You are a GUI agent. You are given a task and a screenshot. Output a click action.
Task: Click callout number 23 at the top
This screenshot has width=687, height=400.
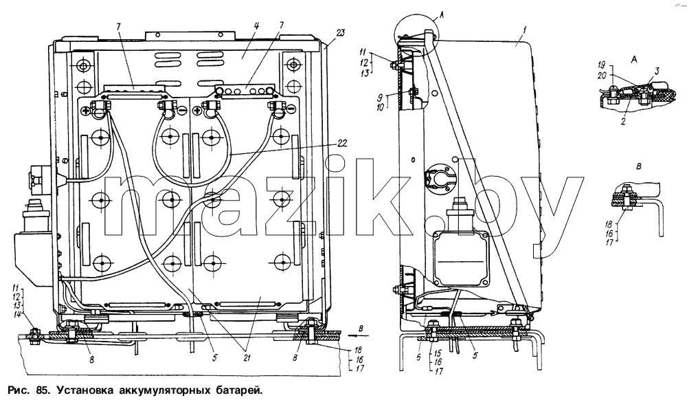tap(341, 32)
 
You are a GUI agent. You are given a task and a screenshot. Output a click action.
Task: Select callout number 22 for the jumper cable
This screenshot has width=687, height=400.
tap(342, 143)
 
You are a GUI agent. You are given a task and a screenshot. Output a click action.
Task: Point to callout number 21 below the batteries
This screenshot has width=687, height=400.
tap(247, 358)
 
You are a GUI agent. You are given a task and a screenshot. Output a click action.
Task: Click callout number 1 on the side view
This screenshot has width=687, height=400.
tap(524, 30)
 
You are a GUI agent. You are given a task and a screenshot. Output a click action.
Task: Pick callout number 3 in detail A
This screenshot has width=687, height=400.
tap(657, 71)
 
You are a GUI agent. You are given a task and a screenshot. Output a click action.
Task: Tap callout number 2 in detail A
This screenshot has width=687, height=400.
tap(623, 122)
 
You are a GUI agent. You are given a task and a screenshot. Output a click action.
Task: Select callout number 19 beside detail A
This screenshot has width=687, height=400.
tap(602, 66)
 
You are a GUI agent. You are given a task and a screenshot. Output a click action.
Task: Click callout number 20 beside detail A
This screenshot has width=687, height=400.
tap(602, 76)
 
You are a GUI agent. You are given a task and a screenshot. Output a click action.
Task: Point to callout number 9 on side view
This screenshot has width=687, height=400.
tap(380, 97)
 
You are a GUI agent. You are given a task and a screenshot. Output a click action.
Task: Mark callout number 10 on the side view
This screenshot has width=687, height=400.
tap(379, 107)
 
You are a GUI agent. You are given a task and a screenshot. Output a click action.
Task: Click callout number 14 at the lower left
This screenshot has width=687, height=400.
tap(16, 313)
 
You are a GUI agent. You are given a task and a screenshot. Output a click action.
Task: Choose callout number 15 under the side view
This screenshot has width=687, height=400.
tap(438, 353)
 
